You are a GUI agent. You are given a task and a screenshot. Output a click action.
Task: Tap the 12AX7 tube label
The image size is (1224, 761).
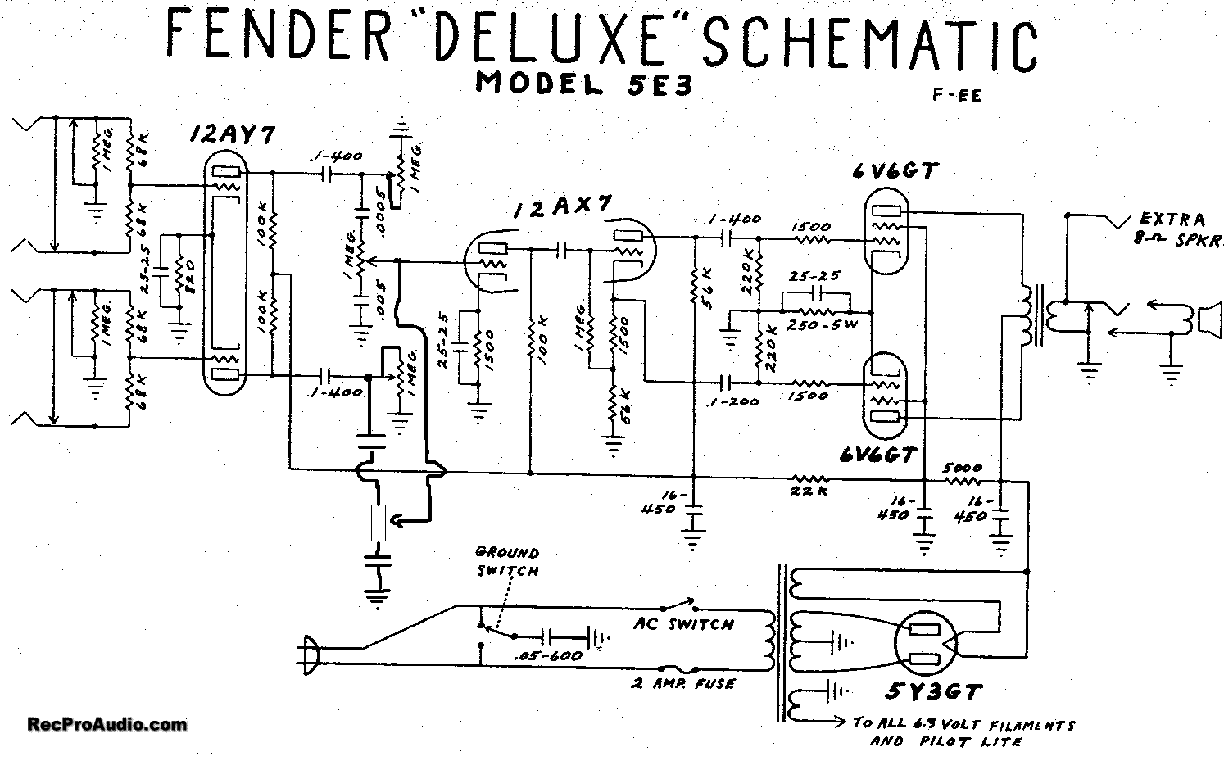[562, 209]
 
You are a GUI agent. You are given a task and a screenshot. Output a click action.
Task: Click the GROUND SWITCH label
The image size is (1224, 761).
[507, 562]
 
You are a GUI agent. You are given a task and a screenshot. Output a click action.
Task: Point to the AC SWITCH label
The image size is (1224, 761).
[683, 624]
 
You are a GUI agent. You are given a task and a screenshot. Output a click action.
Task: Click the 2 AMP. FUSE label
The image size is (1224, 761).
[684, 683]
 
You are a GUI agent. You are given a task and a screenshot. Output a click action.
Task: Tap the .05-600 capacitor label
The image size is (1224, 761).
[546, 656]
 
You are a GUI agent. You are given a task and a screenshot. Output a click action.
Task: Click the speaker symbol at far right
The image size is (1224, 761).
[1206, 319]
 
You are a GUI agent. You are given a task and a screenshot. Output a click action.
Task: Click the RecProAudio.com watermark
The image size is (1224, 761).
[107, 724]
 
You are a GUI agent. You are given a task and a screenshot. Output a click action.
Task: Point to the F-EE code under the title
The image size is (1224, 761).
[956, 94]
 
